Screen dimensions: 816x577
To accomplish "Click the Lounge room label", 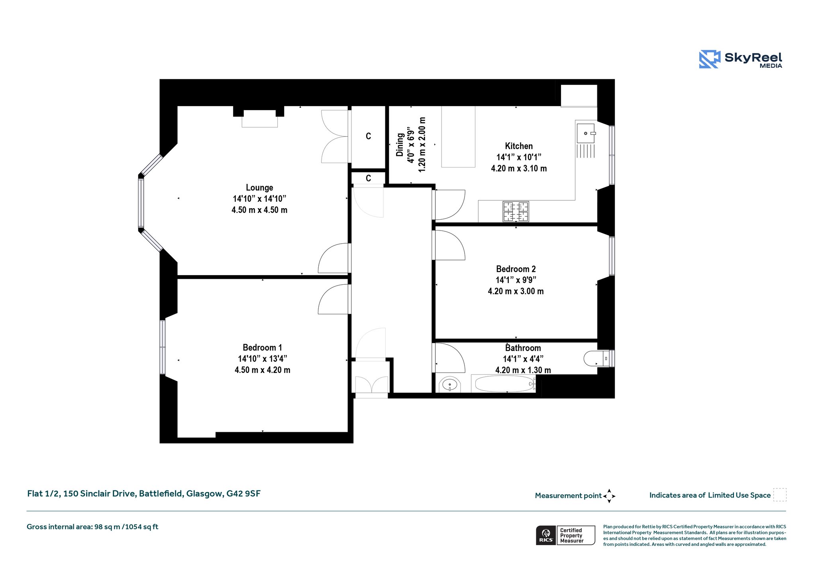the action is pos(259,187).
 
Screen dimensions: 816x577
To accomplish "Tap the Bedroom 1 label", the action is pos(262,347).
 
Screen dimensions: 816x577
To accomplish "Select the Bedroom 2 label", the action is pos(516,269).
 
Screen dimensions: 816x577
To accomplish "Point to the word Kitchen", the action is pos(519,146).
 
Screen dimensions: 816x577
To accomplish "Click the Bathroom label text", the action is pos(523,348).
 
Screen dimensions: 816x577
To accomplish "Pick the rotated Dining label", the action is pos(400,144).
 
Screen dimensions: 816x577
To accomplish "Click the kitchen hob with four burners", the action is pos(516,211).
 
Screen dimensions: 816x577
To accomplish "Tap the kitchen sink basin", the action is pos(585,133).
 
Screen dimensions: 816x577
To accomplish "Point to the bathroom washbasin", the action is pos(450,385).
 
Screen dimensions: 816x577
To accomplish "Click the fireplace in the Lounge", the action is pos(259,118).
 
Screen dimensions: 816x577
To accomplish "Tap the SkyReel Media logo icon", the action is pos(710,59).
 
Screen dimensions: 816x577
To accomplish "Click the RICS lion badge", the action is pos(546,535).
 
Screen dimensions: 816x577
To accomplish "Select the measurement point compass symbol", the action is pos(609,496).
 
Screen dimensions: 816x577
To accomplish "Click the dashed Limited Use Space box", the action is pos(780,495).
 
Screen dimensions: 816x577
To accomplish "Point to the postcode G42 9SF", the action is pos(243,494).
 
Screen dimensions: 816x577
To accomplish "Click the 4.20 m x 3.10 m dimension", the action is pos(519,168).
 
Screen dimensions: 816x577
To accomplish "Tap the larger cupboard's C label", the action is pos(369,136).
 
